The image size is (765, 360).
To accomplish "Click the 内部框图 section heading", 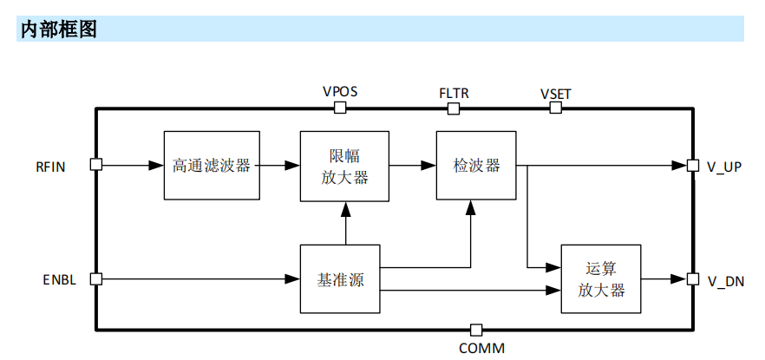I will pos(58,29).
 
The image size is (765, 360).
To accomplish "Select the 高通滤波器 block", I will pos(212,165).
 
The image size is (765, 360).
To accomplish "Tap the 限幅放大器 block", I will pos(345,166).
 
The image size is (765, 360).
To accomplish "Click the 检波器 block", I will pos(476,166).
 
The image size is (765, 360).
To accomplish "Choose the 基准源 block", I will pos(340,279).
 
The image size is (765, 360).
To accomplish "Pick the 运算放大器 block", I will pos(601,279).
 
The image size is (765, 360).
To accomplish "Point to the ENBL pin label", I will pos(59,280).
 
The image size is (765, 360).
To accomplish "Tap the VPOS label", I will pos(340,91).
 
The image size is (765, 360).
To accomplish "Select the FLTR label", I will pos(454,92).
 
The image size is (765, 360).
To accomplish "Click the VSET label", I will pos(555,93).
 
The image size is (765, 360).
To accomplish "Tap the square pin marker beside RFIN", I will pos(96,165).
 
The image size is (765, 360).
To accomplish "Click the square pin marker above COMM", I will pos(475,330).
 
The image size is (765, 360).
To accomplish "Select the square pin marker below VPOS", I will pos(340,108).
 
